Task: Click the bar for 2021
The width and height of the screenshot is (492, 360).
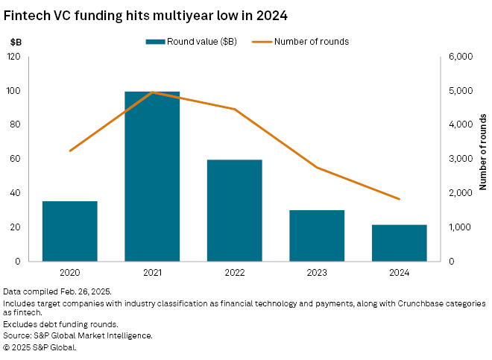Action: click(x=152, y=177)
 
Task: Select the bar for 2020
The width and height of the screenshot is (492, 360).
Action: click(x=69, y=231)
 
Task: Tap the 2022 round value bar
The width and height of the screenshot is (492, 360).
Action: click(x=234, y=210)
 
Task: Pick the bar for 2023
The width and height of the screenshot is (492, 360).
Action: click(x=317, y=236)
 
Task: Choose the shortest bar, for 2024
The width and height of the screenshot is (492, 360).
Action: click(x=399, y=243)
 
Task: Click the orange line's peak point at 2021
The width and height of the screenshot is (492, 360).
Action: click(x=152, y=92)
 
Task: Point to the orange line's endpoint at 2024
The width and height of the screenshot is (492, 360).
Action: click(x=400, y=199)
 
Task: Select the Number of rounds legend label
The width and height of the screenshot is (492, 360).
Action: click(x=312, y=41)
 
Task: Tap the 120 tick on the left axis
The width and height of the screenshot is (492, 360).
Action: click(x=14, y=57)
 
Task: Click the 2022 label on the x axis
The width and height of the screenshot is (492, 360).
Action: click(x=234, y=274)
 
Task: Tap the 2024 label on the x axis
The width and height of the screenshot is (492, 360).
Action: click(x=399, y=274)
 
